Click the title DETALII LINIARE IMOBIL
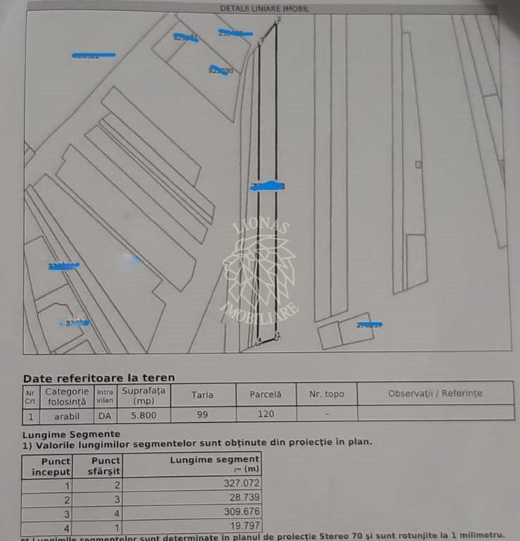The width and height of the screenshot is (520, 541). [264, 8]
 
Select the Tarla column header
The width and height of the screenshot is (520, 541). [202, 394]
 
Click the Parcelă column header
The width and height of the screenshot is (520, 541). [265, 394]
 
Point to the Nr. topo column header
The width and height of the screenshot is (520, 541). [326, 394]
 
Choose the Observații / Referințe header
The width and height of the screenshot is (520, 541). [435, 394]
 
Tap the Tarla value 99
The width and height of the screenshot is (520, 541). [202, 414]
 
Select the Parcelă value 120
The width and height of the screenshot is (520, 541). [265, 414]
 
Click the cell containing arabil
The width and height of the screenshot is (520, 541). [66, 416]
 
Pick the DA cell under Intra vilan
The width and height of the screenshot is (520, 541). [104, 416]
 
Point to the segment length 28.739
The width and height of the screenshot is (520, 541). [238, 499]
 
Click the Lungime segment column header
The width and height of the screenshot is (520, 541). [216, 464]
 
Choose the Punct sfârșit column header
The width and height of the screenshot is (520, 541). [107, 466]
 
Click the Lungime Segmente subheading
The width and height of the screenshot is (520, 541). [71, 434]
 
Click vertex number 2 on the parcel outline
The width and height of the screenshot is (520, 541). [278, 20]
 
